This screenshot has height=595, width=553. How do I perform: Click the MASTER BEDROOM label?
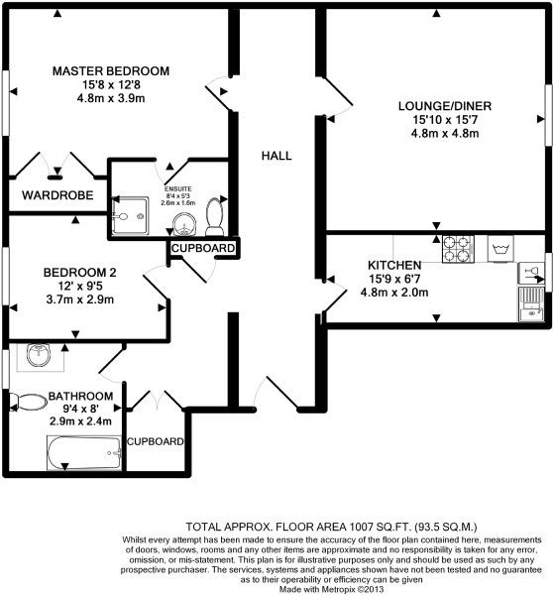[x=111, y=71]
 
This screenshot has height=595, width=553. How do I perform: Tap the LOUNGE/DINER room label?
[x=445, y=106]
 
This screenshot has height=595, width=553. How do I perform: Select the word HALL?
[x=276, y=156]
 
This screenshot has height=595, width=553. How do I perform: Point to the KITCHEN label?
[x=395, y=266]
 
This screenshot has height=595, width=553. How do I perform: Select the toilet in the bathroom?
[x=30, y=402]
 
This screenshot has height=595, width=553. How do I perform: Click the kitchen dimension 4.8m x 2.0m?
[x=394, y=293]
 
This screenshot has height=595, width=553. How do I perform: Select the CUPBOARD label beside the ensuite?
[x=203, y=248]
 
